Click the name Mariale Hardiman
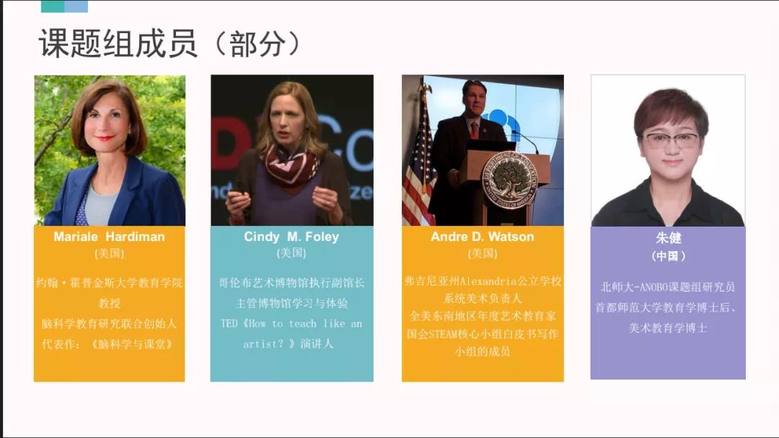pyautogui.click(x=110, y=237)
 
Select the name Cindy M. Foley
pyautogui.click(x=291, y=237)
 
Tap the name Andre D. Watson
pyautogui.click(x=483, y=237)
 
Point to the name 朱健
pyautogui.click(x=668, y=238)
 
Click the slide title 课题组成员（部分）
pyautogui.click(x=170, y=43)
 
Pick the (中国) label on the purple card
pyautogui.click(x=668, y=256)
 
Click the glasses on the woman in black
pyautogui.click(x=672, y=140)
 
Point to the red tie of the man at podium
pyautogui.click(x=475, y=130)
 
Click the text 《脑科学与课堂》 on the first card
pyautogui.click(x=132, y=344)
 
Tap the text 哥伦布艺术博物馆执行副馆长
pyautogui.click(x=291, y=283)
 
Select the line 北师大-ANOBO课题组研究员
pyautogui.click(x=668, y=287)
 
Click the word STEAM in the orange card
pyautogui.click(x=444, y=334)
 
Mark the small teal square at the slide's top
pyautogui.click(x=53, y=6)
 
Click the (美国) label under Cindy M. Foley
pyautogui.click(x=291, y=253)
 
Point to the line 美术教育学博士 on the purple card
pyautogui.click(x=668, y=328)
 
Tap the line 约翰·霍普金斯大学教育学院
pyautogui.click(x=110, y=283)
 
